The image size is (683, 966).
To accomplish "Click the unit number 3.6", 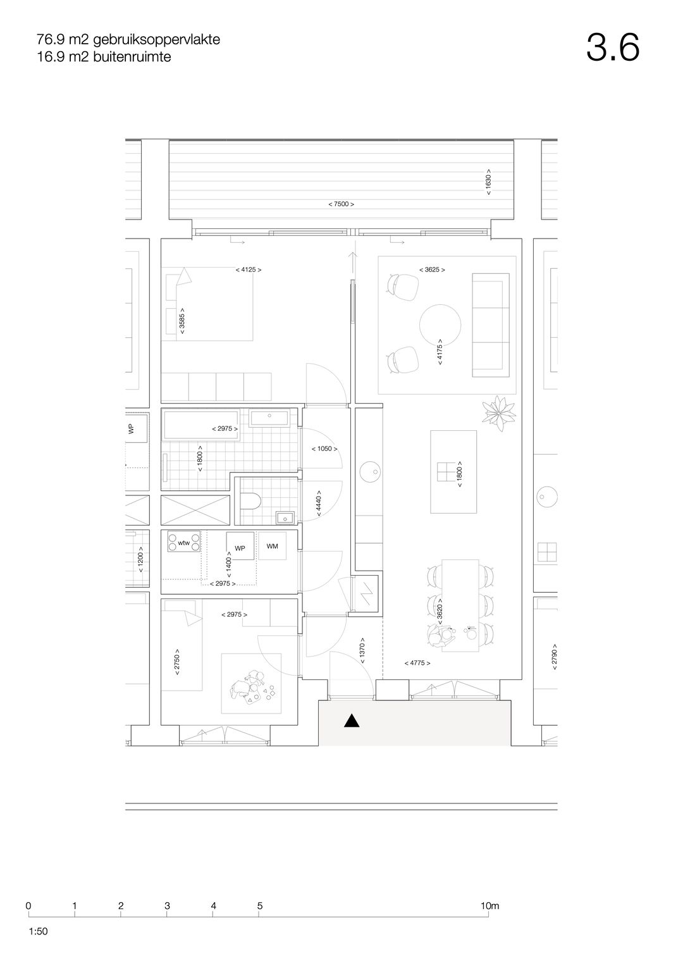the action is coord(612,47).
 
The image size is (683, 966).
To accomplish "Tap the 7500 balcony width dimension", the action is coord(341,204).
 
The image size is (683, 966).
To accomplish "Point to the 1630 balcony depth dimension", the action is coord(488,182).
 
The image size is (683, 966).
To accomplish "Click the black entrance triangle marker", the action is coord(352,721).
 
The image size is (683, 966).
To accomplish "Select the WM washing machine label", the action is coord(272,547).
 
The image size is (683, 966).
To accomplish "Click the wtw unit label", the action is coord(183,543).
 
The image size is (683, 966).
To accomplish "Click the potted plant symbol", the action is coord(499,414).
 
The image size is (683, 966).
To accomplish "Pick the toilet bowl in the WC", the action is coord(250,501).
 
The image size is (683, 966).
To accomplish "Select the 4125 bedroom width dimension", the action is coord(249,269).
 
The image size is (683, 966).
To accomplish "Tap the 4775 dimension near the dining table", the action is coord(417,663).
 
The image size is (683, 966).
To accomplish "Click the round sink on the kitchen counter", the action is coord(370,472).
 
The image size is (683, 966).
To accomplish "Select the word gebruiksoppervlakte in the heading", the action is coord(157,40).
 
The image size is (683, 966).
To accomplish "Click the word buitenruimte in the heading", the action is coord(132,56).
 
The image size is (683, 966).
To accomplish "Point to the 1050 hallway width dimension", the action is coord(324,449).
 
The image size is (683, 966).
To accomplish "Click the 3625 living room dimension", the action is coord(431,269).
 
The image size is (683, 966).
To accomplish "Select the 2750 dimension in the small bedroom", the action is coord(177,662).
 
